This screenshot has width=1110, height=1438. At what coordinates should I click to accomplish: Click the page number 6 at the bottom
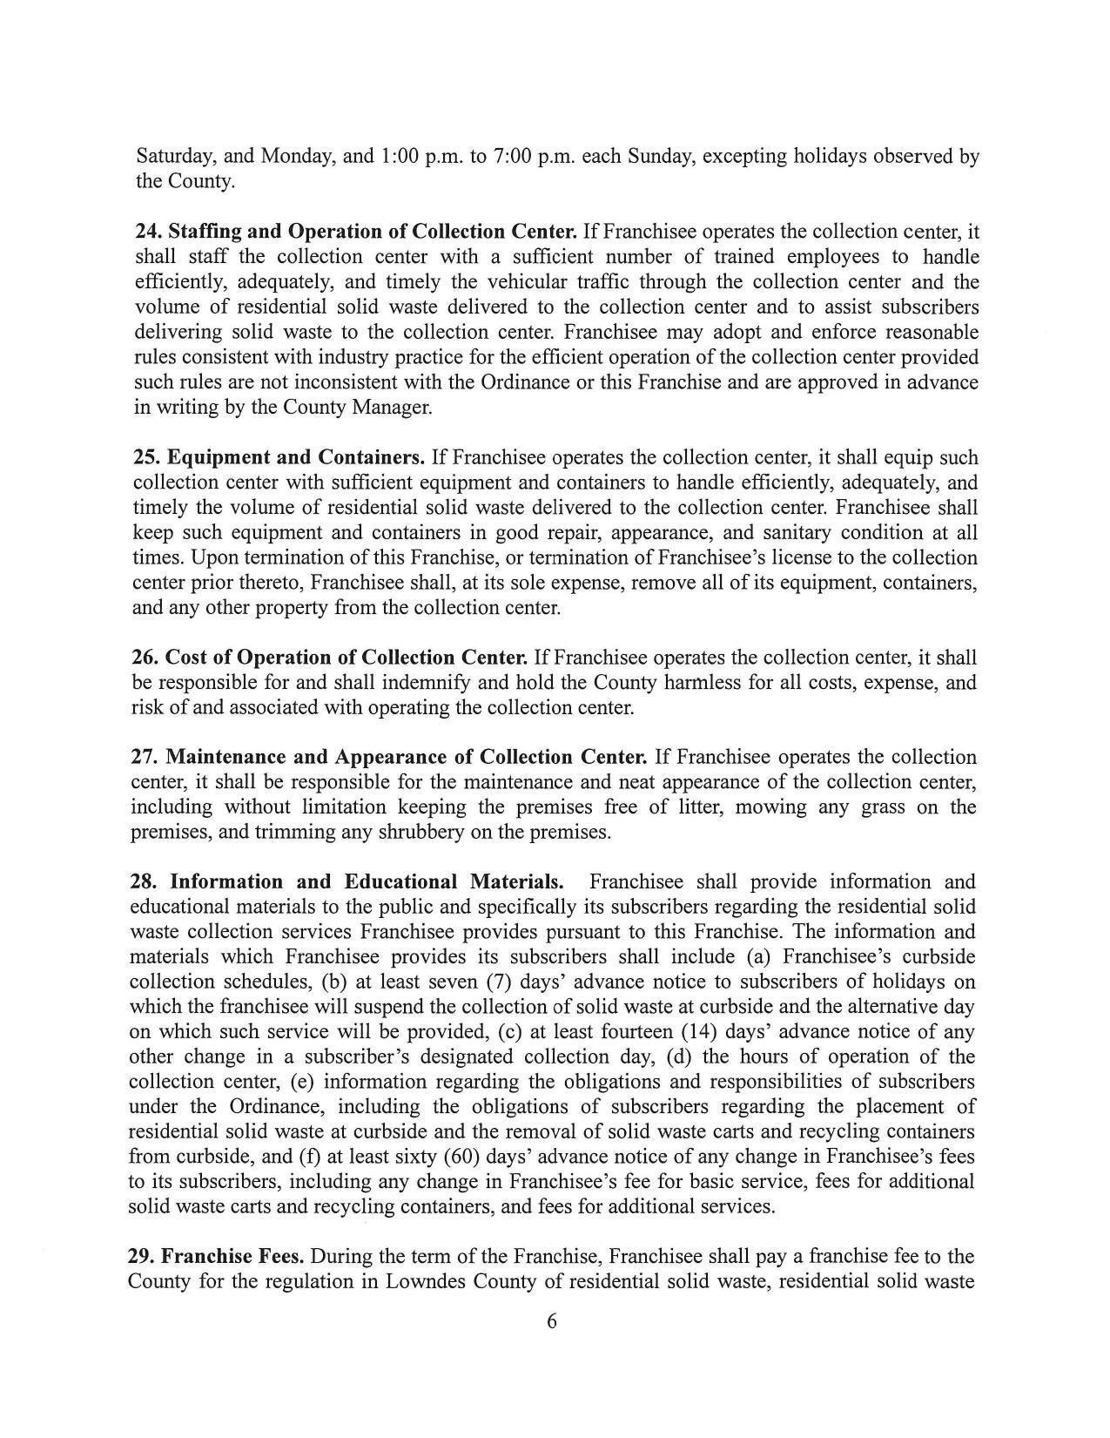(551, 1321)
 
